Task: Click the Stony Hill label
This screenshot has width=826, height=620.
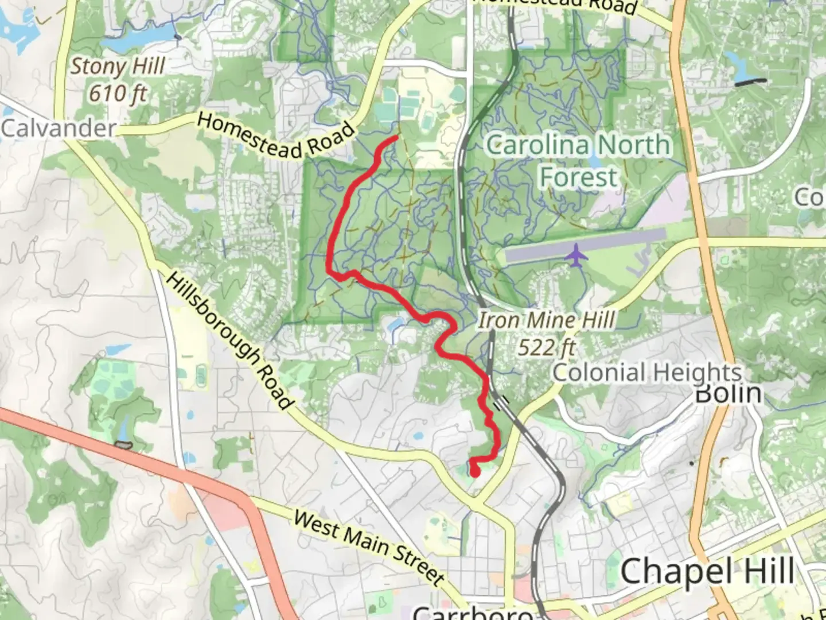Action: point(118,67)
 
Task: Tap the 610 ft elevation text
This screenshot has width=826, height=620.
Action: point(118,92)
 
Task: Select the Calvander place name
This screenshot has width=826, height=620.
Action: point(59,128)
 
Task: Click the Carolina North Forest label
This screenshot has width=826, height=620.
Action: point(578,160)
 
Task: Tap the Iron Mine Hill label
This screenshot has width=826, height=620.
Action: point(547,320)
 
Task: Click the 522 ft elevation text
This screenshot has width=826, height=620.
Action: point(547,347)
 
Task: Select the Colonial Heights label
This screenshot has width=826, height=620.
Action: point(647,373)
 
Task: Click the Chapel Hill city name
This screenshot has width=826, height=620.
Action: point(707,572)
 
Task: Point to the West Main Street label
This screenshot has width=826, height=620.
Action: point(369,546)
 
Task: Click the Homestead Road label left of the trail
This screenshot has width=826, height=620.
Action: point(275,136)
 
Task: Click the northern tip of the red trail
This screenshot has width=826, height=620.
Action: point(397,138)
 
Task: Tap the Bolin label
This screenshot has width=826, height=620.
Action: point(728,394)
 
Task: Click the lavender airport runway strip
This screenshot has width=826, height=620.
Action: point(585,246)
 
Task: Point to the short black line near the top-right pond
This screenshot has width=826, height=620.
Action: point(750,82)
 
